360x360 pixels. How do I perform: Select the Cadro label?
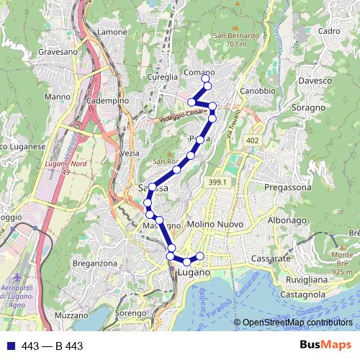click(x=328, y=31)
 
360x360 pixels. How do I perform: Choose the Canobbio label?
click(x=258, y=91)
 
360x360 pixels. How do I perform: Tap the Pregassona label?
click(x=288, y=187)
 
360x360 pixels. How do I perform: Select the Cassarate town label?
click(x=270, y=258)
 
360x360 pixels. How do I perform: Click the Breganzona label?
click(x=94, y=264)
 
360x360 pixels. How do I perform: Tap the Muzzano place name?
click(x=71, y=315)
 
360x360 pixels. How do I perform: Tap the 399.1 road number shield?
click(x=219, y=184)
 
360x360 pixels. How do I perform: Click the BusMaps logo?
click(x=325, y=346)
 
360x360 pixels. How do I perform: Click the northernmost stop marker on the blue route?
click(x=207, y=86)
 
